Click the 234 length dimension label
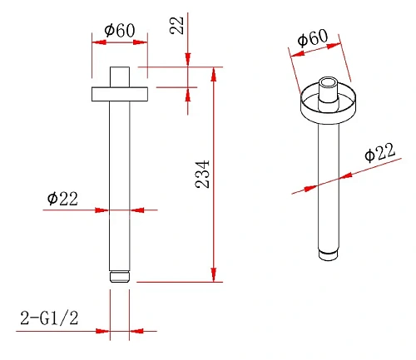click(202, 174)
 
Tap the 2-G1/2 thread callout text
click(49, 318)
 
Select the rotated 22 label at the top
click(176, 25)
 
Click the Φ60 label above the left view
click(120, 30)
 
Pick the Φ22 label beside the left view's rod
click(62, 199)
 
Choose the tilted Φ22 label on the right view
click(379, 152)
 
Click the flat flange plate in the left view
click(120, 94)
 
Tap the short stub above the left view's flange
click(120, 77)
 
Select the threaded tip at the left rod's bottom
click(120, 277)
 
